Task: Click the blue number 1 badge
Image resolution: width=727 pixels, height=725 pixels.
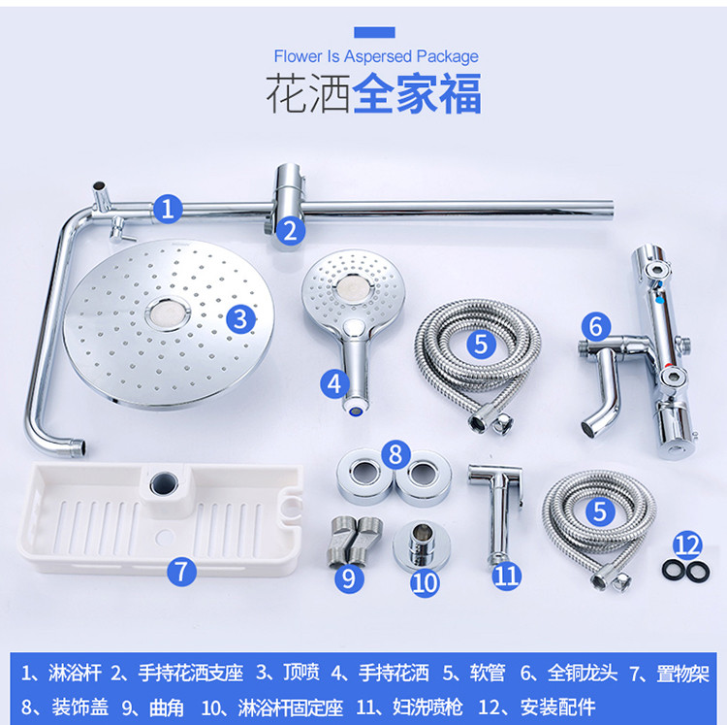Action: [x=168, y=209]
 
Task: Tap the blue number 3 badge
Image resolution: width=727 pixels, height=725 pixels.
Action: [x=240, y=319]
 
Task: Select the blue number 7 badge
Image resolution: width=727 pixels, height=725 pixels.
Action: [x=182, y=572]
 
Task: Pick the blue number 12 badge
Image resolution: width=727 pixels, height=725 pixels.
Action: [x=687, y=544]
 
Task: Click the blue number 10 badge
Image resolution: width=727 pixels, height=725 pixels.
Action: [x=425, y=583]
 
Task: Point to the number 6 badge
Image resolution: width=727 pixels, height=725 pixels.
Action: [x=596, y=326]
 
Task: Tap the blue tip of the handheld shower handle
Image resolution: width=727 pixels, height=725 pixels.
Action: [x=356, y=410]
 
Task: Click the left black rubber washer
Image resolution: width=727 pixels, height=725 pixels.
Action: [x=674, y=571]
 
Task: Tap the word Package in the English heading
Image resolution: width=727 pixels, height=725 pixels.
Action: [x=447, y=56]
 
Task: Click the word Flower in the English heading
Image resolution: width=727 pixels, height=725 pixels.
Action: [x=299, y=56]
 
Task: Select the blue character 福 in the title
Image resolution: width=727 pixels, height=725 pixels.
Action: [x=460, y=94]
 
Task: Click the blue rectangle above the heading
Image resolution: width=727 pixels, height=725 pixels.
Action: [x=374, y=32]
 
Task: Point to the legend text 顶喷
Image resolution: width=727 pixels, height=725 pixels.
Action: [x=301, y=672]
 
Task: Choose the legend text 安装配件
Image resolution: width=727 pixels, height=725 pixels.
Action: [x=557, y=707]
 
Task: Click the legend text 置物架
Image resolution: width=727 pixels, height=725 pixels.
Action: [x=682, y=674]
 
